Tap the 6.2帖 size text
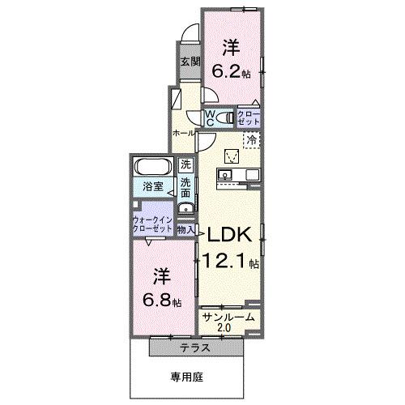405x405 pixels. (x=231, y=71)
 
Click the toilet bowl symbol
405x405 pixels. (x=226, y=118)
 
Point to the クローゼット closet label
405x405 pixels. (x=247, y=118)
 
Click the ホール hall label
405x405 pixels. (x=182, y=132)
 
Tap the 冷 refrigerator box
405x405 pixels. (x=252, y=139)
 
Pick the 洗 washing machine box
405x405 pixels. (x=185, y=164)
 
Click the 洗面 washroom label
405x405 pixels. (x=185, y=189)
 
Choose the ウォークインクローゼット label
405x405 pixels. (x=151, y=224)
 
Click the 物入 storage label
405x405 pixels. (x=186, y=231)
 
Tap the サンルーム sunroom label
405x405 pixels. (x=229, y=318)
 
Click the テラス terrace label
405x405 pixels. (x=196, y=349)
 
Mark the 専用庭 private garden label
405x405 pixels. (x=186, y=377)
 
